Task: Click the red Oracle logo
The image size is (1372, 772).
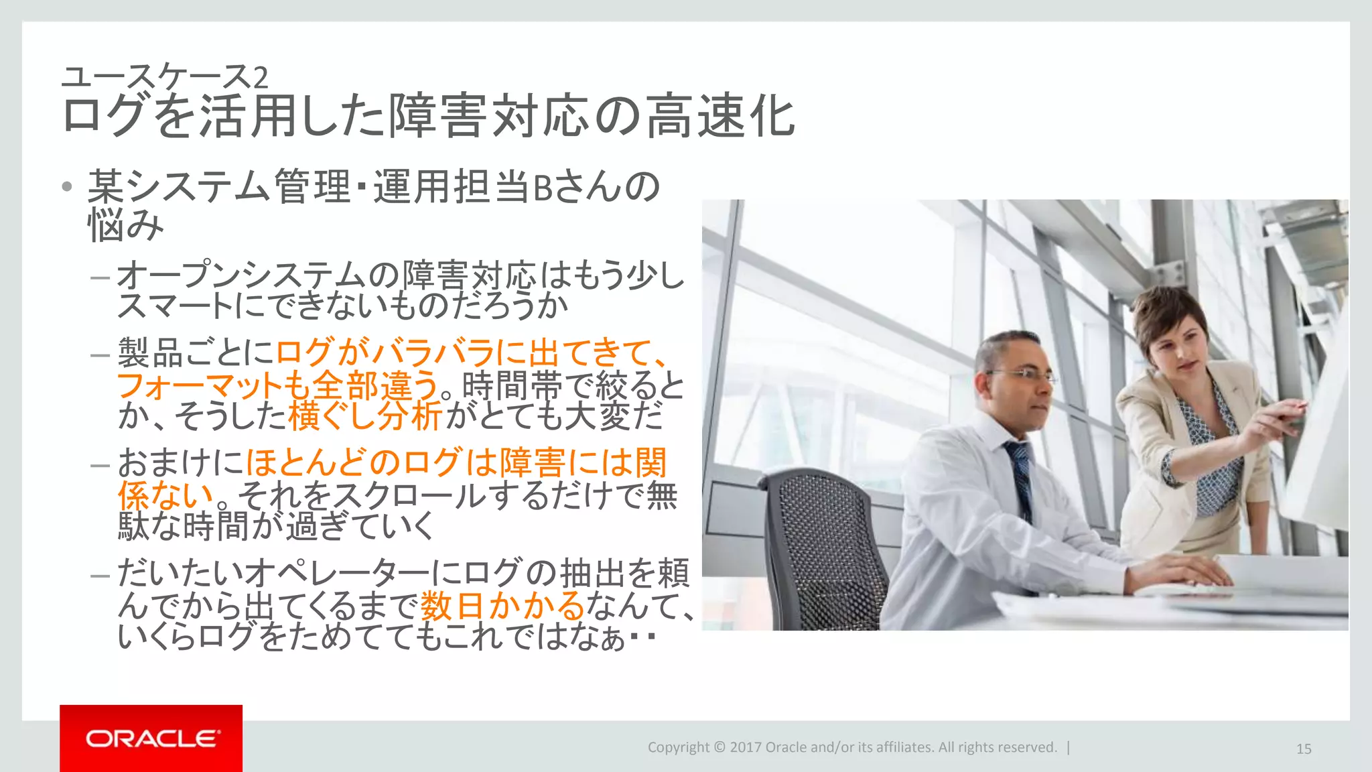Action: point(151,738)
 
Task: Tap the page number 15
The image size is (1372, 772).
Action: point(1304,749)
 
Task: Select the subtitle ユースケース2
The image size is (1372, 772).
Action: point(165,76)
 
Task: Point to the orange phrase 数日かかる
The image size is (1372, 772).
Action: point(502,606)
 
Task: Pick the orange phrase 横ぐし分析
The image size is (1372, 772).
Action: point(366,416)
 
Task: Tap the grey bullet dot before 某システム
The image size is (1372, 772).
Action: point(66,186)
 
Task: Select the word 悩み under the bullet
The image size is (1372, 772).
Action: point(126,225)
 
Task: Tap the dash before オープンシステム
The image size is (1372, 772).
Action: point(100,276)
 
